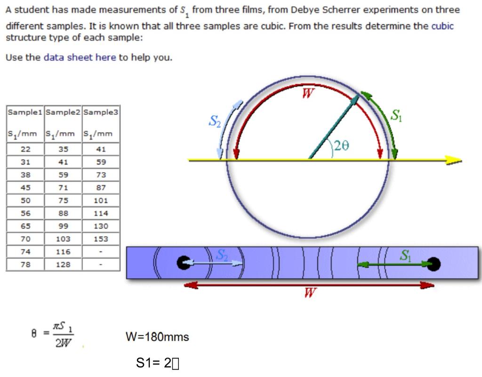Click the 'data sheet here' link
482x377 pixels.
[x=80, y=57]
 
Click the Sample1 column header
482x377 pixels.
[x=25, y=112]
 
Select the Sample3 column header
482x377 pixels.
[x=101, y=112]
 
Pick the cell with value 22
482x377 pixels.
[x=25, y=149]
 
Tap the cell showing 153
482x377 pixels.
[x=101, y=239]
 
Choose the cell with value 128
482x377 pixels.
[x=63, y=265]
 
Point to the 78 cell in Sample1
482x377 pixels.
[x=25, y=265]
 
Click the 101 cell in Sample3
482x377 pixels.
[x=101, y=201]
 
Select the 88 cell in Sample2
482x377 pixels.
[x=63, y=213]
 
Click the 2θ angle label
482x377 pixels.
[x=342, y=145]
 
